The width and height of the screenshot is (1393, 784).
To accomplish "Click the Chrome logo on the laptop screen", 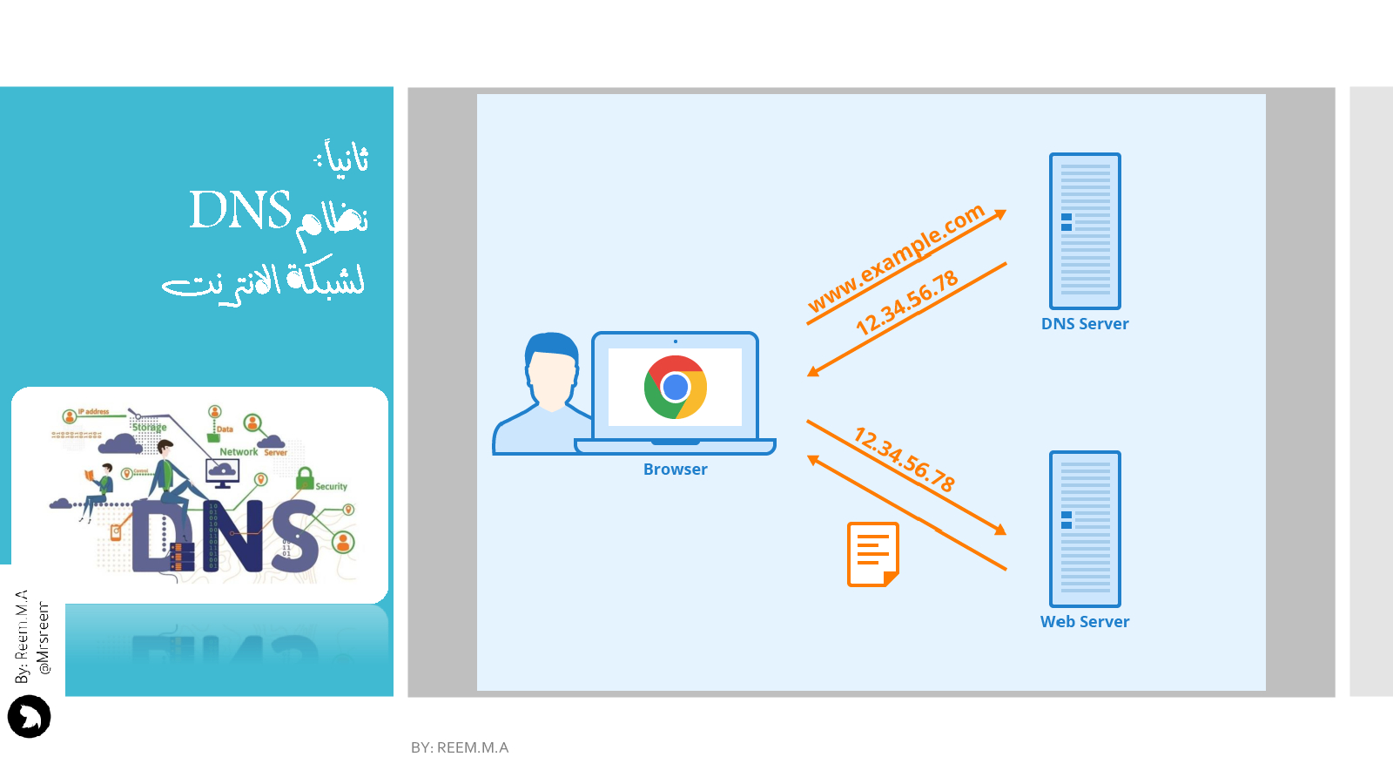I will click(675, 387).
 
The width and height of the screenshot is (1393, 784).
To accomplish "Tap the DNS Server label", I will click(1085, 324).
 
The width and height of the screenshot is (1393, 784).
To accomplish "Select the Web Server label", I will click(1085, 622).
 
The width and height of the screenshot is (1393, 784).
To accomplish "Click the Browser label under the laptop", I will click(675, 470).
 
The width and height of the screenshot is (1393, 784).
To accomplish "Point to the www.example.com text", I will click(896, 257).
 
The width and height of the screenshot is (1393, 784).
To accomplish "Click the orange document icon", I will click(872, 554).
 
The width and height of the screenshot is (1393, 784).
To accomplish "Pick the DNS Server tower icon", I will click(1085, 231).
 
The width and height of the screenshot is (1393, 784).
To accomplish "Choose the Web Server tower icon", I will click(1085, 529).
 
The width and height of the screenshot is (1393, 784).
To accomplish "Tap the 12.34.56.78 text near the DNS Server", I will click(906, 302).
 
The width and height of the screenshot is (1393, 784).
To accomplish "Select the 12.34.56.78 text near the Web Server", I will click(905, 459).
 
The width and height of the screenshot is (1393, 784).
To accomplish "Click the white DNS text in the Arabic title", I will click(240, 211).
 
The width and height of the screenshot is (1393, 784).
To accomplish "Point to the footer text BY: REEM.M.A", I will click(460, 747).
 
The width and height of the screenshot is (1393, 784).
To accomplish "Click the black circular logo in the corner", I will click(30, 717).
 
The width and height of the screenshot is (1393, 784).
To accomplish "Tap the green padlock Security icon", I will click(305, 478).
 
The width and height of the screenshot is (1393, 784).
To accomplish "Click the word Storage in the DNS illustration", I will click(149, 427).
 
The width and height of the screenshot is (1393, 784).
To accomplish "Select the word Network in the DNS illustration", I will click(239, 452).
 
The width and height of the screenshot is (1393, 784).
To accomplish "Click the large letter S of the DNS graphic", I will click(293, 537).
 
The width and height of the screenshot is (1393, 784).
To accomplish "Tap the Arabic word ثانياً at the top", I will click(345, 159).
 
